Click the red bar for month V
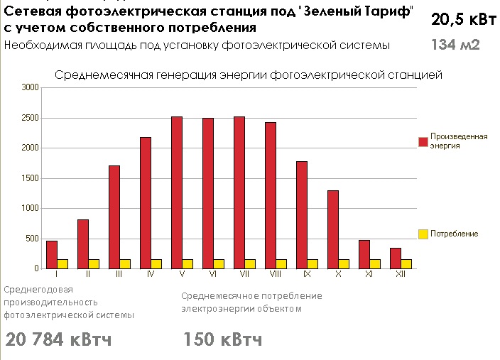coord(177,192)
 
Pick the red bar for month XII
coord(396,258)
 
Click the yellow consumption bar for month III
coord(125,263)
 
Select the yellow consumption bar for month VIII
coord(281,263)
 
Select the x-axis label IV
coord(151,273)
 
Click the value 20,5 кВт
coord(463,20)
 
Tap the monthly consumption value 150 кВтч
coord(223,339)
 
